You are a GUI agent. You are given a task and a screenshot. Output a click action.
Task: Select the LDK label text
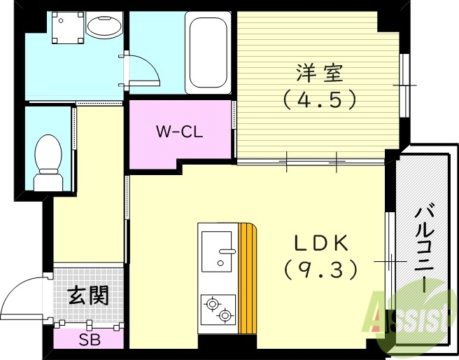320,242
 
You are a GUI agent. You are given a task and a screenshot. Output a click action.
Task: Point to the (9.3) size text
320,268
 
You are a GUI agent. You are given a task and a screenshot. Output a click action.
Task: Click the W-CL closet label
179,131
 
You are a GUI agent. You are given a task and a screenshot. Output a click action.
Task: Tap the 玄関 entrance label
88,296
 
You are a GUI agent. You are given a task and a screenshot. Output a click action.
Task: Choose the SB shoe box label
88,341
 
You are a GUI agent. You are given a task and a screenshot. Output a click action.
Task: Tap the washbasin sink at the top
104,26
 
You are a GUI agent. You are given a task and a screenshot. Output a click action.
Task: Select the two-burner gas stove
218,310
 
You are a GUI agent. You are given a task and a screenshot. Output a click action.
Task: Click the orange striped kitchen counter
247,279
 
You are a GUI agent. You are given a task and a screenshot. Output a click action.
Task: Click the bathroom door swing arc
143,70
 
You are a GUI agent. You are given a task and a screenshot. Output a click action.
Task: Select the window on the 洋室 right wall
404,85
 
